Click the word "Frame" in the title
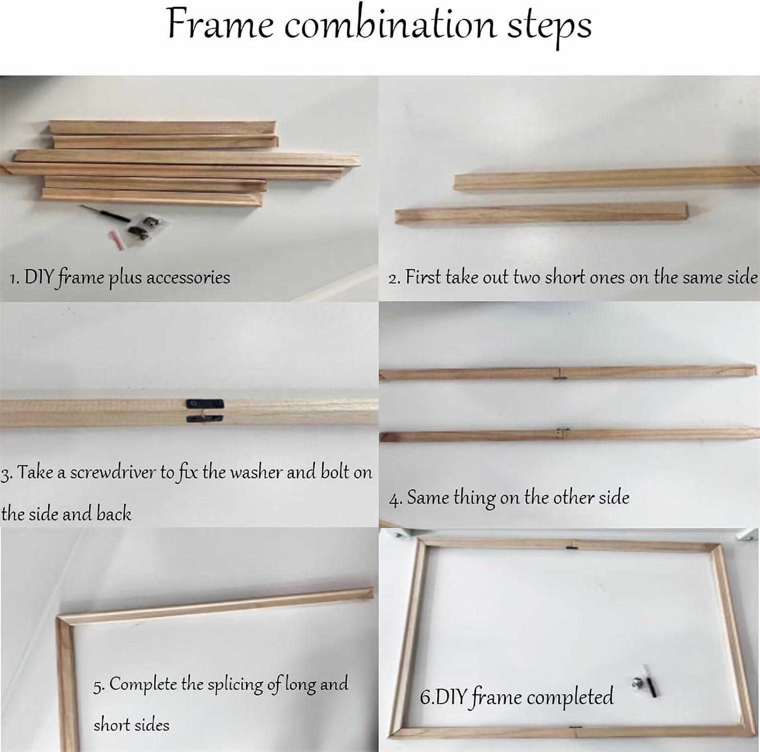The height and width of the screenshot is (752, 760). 220,24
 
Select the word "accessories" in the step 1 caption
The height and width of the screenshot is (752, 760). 188,277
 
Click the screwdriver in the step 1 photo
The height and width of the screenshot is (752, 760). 103,214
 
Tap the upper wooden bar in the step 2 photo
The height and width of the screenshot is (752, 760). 606,178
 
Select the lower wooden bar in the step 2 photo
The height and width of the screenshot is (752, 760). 542,213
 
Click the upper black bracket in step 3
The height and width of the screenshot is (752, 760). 205,404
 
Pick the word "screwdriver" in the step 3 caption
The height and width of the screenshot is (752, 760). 113,473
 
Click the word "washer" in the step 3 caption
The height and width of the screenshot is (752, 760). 256,472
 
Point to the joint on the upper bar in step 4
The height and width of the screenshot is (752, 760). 560,374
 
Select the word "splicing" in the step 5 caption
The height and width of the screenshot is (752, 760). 236,686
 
